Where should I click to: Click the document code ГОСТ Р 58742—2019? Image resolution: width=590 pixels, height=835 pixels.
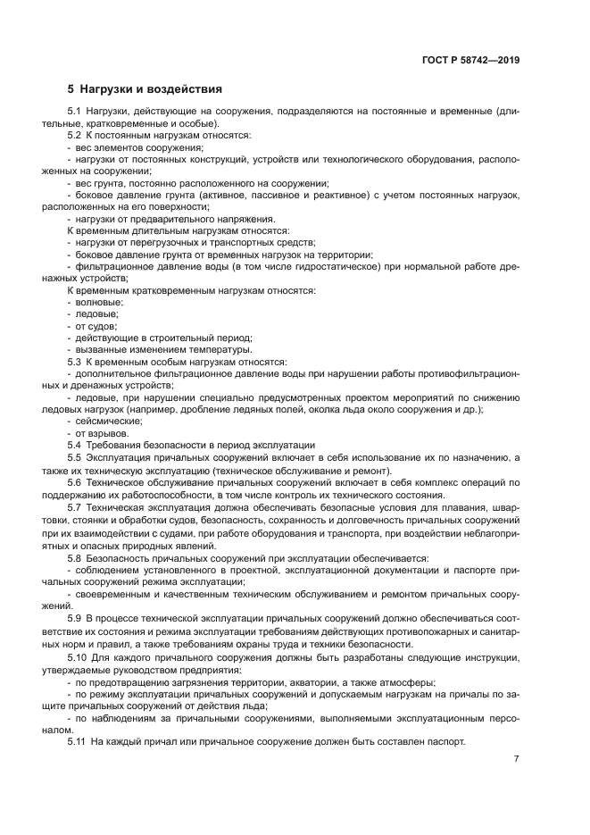(470, 61)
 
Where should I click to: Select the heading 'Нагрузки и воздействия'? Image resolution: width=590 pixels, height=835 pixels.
(151, 90)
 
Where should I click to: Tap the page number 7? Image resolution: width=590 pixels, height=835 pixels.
(516, 759)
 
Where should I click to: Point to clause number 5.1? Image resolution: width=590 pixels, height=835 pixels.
(76, 111)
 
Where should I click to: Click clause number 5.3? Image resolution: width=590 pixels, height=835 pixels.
(76, 362)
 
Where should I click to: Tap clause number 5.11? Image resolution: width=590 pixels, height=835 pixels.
(79, 742)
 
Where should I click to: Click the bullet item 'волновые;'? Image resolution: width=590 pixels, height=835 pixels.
(100, 302)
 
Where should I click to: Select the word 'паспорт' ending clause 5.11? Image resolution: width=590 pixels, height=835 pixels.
(445, 742)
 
